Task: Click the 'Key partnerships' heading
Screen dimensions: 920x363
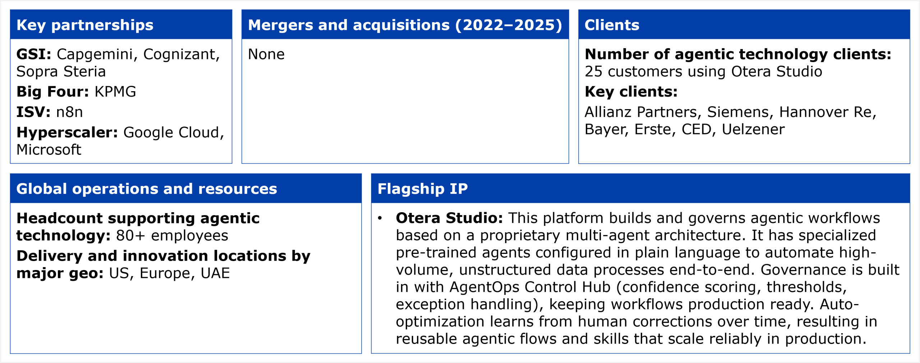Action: (x=85, y=25)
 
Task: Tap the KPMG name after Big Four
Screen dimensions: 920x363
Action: (x=115, y=92)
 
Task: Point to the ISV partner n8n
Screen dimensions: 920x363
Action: (x=69, y=112)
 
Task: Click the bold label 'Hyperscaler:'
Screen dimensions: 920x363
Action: (x=67, y=132)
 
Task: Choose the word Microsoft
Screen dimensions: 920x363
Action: (x=49, y=150)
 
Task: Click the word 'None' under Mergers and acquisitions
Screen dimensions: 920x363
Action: (x=266, y=54)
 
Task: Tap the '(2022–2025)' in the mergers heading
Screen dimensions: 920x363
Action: (x=509, y=25)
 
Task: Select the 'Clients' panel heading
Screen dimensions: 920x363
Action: (x=612, y=25)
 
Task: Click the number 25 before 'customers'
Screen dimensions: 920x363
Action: (x=593, y=71)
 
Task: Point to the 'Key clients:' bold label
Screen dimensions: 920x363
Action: (x=631, y=92)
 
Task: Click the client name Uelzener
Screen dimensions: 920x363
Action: (x=753, y=129)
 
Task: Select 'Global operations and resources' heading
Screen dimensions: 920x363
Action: (x=147, y=189)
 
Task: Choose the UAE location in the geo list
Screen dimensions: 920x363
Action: (x=215, y=273)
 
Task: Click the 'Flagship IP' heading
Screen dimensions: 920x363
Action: (x=423, y=189)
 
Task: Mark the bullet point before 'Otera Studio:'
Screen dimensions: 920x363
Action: (x=380, y=218)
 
